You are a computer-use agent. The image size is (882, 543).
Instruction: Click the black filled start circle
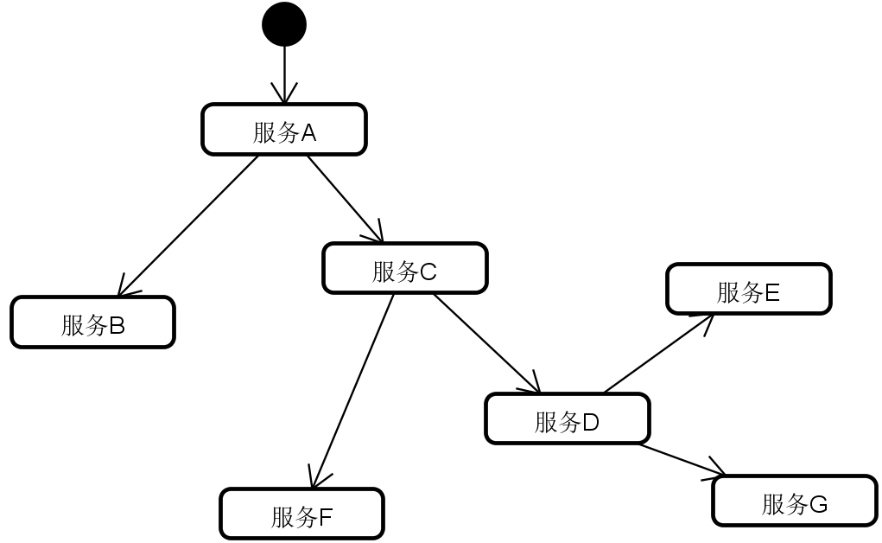284,24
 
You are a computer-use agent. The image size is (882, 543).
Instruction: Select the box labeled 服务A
284,130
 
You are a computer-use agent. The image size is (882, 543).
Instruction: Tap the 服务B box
92,323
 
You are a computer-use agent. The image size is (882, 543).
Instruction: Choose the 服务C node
404,268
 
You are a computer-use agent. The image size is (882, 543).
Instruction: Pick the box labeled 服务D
567,419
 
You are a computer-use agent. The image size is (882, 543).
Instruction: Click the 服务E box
748,289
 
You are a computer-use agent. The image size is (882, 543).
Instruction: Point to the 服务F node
301,514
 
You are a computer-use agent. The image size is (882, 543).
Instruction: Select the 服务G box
794,501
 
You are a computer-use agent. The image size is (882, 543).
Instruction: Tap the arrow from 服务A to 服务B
188,226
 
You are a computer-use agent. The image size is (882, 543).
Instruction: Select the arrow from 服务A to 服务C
345,198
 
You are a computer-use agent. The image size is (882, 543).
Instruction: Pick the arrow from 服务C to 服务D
486,343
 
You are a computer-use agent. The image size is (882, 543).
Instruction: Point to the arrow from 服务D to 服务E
658,354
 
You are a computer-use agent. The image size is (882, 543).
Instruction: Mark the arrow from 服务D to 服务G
682,460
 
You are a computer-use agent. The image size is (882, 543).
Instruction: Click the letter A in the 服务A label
308,133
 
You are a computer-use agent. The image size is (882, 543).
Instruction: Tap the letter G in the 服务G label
818,504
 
